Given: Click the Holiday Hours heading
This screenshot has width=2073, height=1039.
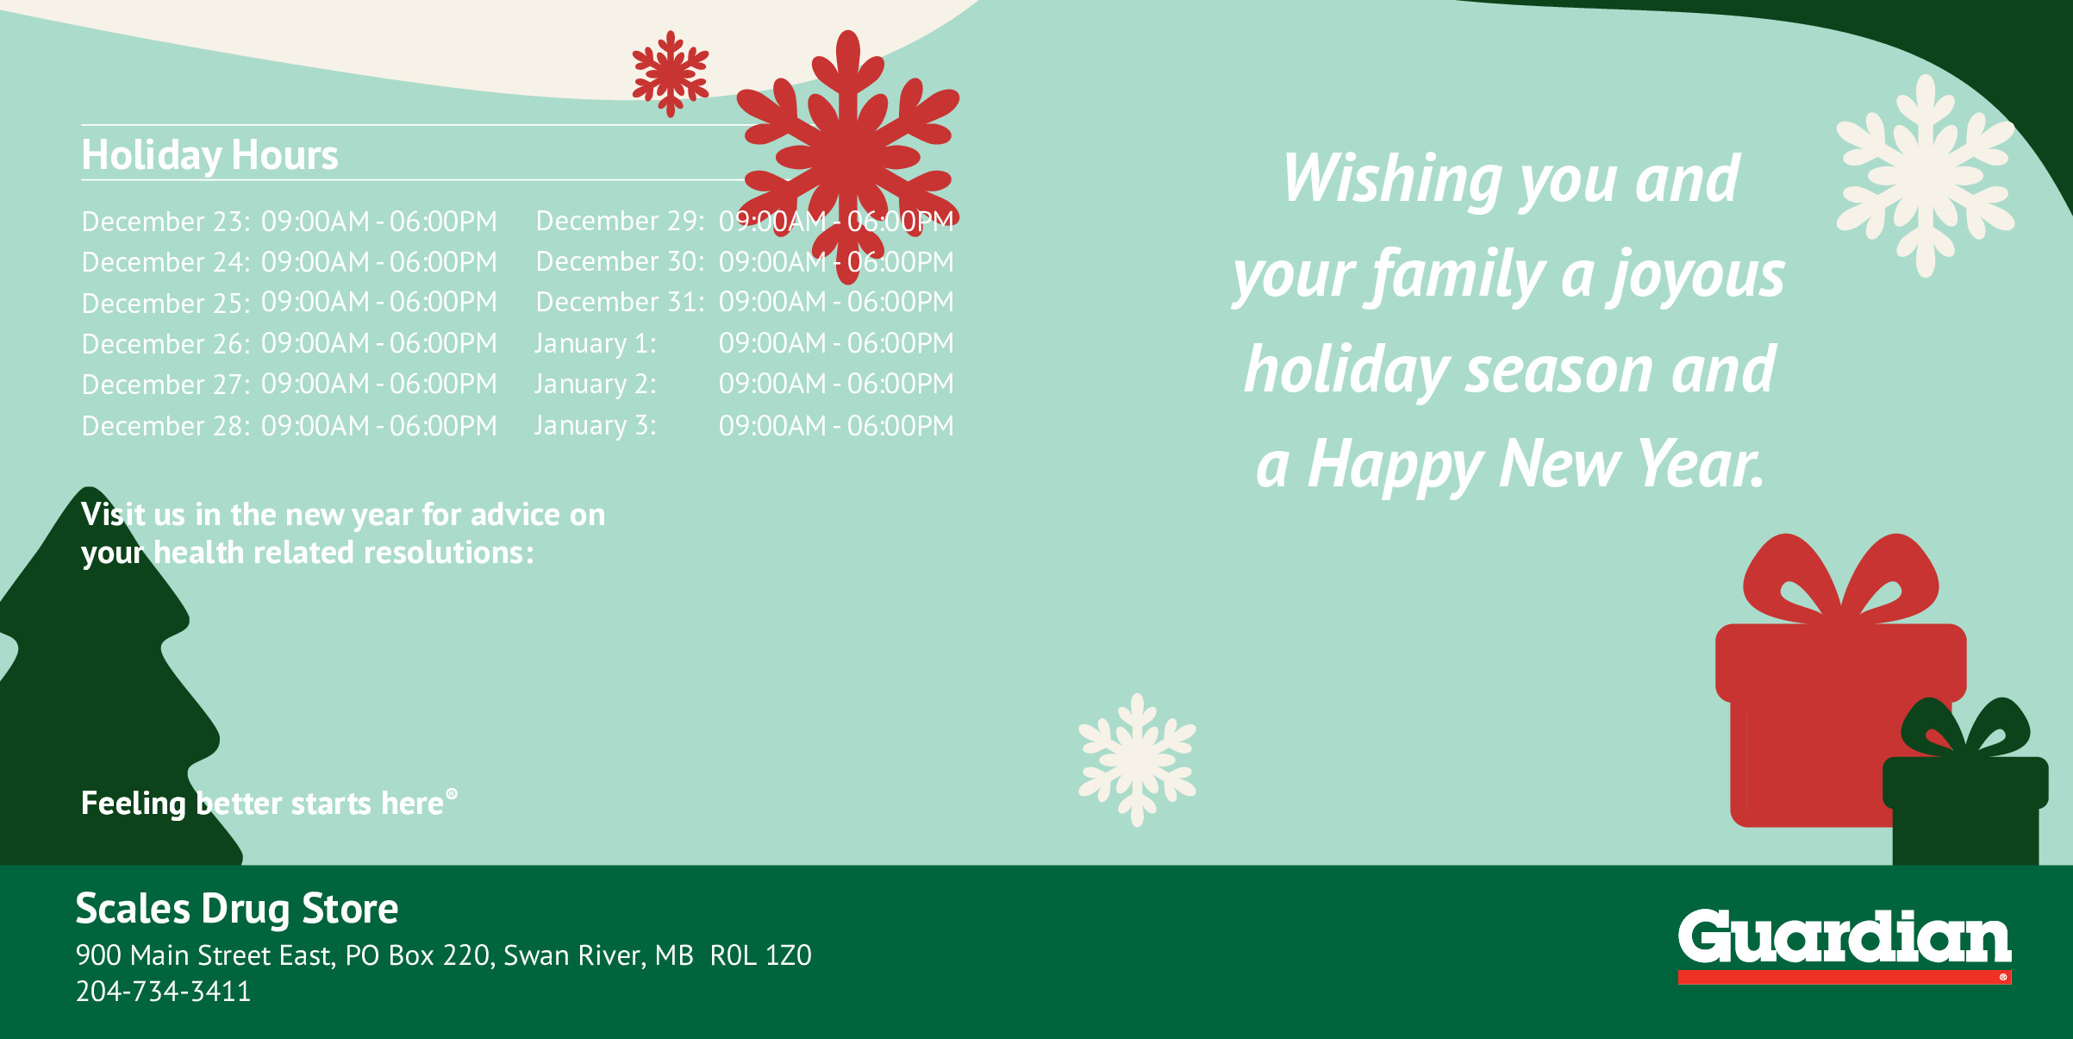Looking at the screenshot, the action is (209, 156).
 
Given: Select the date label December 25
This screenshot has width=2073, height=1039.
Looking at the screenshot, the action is (165, 304).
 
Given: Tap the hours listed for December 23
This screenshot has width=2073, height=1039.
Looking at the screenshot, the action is (379, 222).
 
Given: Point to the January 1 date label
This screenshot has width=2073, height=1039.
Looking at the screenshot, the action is (596, 343).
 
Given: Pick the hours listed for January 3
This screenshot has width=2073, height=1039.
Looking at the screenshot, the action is (836, 426).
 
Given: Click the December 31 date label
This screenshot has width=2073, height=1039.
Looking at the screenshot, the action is (620, 302).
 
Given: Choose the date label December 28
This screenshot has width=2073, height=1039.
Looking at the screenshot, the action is (165, 426).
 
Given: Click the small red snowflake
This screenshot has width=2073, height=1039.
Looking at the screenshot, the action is (671, 73).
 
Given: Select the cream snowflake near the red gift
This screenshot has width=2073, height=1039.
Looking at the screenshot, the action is (1137, 760).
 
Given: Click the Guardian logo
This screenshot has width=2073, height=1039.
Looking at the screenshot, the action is (1845, 945).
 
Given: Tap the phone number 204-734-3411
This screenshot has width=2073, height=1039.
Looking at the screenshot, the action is (163, 992).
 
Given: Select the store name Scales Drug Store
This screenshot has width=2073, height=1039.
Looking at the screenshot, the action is (237, 909).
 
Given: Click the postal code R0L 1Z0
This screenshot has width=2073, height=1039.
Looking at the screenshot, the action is (761, 955).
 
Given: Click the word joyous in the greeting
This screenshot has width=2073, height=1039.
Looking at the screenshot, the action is (1697, 276).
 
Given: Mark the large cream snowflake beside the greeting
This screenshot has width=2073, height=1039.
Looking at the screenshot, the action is (1926, 176).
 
